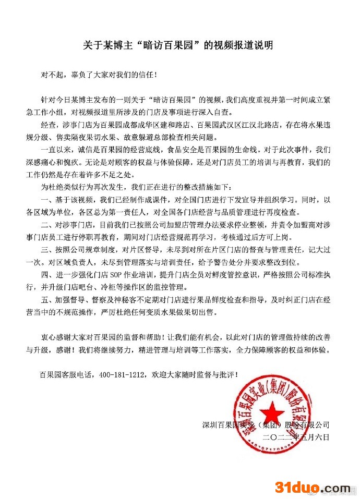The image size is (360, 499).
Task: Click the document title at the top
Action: (180, 45)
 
